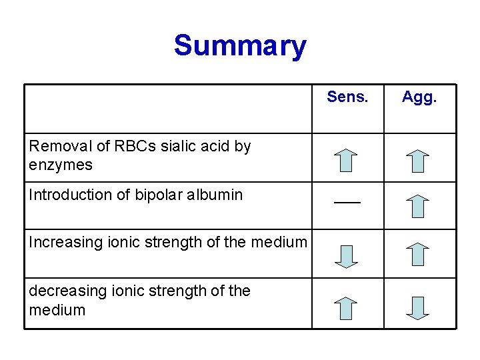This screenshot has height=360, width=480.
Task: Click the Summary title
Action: pos(240,46)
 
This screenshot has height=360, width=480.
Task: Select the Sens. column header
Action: pos(347,97)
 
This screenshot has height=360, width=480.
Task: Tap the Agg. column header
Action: pos(419,97)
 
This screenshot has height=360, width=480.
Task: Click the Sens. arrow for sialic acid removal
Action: pos(345,161)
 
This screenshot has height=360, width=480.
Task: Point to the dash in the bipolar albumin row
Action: pos(347,201)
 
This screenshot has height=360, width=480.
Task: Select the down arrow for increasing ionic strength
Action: pos(345,256)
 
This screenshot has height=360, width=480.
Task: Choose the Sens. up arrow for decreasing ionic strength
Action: pos(345,308)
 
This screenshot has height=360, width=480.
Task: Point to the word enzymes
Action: pos(61,165)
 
